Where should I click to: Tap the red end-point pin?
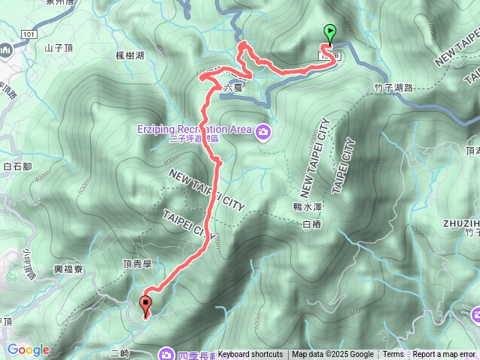click(x=145, y=304)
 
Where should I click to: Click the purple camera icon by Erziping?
click(x=263, y=133)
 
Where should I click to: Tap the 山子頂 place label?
click(x=57, y=48)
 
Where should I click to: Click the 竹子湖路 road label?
click(x=393, y=88)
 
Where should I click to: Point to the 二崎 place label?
click(x=119, y=352)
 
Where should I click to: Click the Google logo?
click(x=28, y=349)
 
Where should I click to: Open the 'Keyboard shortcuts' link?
click(x=250, y=355)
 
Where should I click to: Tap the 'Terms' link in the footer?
click(x=393, y=355)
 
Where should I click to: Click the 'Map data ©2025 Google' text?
click(x=332, y=355)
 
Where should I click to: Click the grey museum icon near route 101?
click(x=6, y=50)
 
